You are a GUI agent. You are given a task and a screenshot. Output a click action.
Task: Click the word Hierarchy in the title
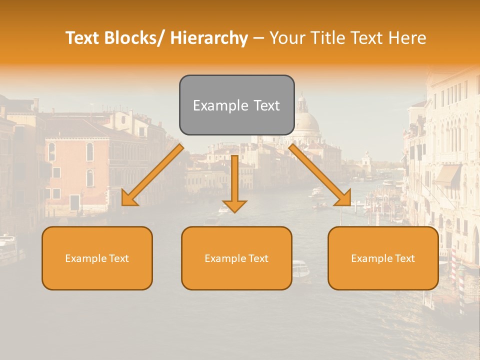coord(209,38)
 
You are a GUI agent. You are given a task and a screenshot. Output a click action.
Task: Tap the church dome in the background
coord(306,121)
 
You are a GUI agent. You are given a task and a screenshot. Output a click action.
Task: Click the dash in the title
coord(258,38)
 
